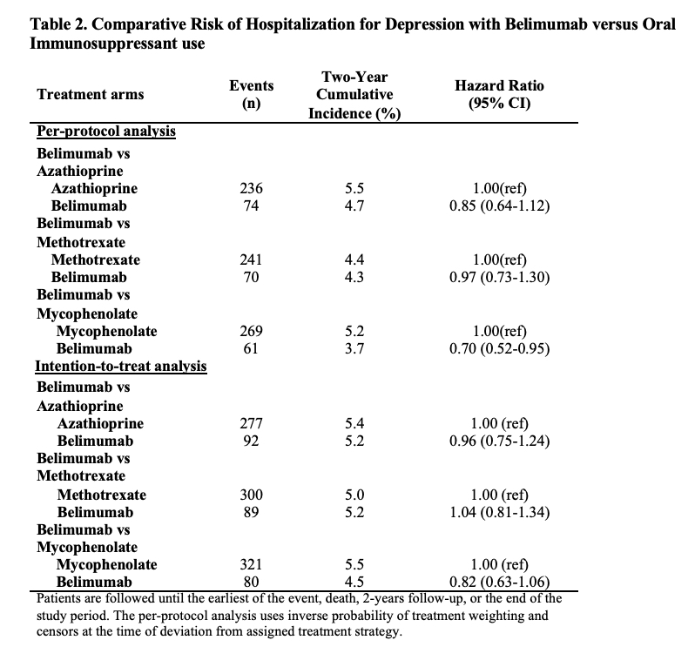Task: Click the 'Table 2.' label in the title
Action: pyautogui.click(x=61, y=24)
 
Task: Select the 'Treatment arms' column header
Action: pyautogui.click(x=91, y=94)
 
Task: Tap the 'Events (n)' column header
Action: pyautogui.click(x=251, y=94)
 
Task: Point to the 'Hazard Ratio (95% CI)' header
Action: pyautogui.click(x=499, y=94)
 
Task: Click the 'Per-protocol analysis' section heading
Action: pyautogui.click(x=106, y=131)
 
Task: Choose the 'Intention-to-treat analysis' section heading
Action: pyautogui.click(x=121, y=366)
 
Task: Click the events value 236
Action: pyautogui.click(x=251, y=189)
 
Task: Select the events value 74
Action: pyautogui.click(x=251, y=205)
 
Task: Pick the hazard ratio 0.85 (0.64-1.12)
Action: pyautogui.click(x=499, y=205)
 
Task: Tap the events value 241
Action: pyautogui.click(x=251, y=259)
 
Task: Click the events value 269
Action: pyautogui.click(x=251, y=331)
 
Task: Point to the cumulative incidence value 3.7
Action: pyautogui.click(x=354, y=348)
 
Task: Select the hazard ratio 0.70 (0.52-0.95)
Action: pyautogui.click(x=499, y=348)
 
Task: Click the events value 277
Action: pyautogui.click(x=251, y=424)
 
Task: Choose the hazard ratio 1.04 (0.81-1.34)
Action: pyautogui.click(x=499, y=511)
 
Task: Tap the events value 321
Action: pyautogui.click(x=251, y=564)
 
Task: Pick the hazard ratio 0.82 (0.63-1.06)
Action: pyautogui.click(x=499, y=582)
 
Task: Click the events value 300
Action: pyautogui.click(x=251, y=495)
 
